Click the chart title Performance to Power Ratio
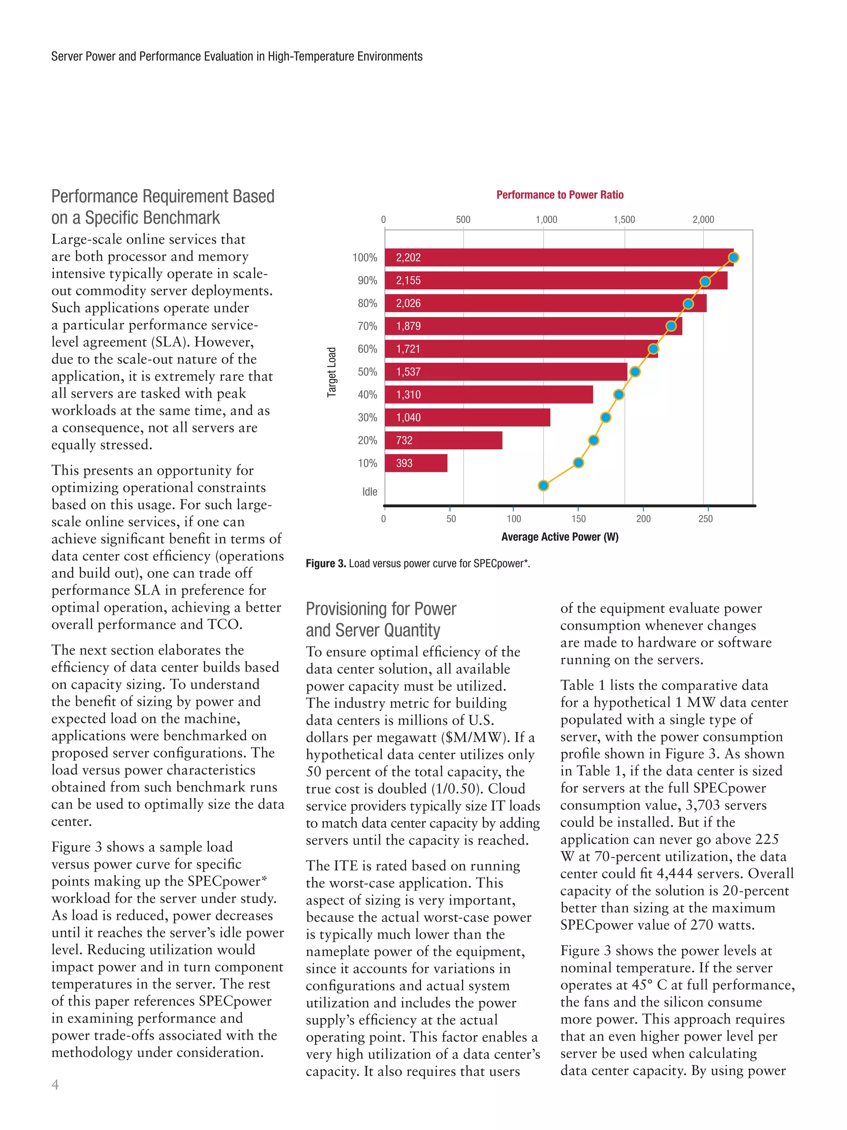(560, 194)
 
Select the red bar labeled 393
(416, 463)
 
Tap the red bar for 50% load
(505, 372)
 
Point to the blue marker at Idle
(543, 485)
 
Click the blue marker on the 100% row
(733, 257)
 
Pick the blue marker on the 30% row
(605, 417)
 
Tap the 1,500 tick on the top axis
(624, 220)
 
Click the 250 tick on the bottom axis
(705, 519)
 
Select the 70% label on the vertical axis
(367, 326)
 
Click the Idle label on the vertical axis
(370, 492)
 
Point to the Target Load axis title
(332, 372)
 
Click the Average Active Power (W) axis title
(560, 537)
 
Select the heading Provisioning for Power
(380, 609)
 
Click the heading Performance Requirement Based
(163, 196)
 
